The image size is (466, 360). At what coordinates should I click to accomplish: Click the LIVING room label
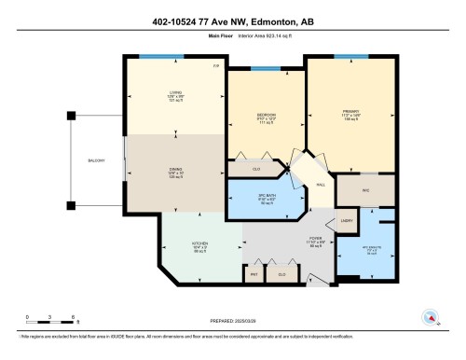click(175, 92)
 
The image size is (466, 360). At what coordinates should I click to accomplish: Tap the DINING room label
click(175, 171)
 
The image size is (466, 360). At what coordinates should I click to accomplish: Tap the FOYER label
click(316, 242)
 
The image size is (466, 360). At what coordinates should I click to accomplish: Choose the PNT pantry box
click(253, 274)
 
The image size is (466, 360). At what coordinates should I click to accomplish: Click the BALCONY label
click(96, 161)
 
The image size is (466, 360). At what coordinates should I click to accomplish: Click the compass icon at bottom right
click(432, 317)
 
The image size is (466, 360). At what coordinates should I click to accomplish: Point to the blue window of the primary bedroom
click(351, 57)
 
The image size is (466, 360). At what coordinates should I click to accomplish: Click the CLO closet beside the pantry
click(281, 274)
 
